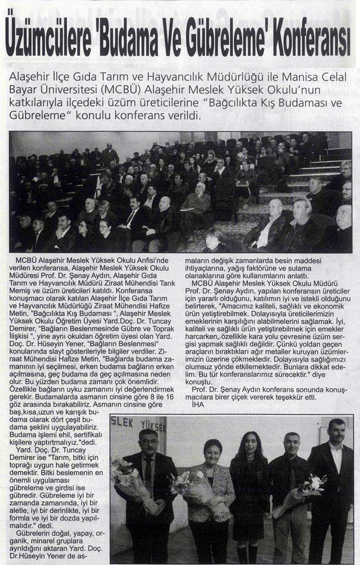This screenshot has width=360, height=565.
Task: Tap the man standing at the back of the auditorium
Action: (x=110, y=154)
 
